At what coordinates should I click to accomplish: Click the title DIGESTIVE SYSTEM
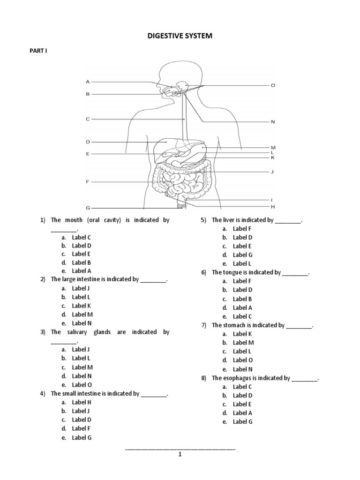pyautogui.click(x=180, y=36)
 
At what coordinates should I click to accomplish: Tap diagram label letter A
pyautogui.click(x=87, y=82)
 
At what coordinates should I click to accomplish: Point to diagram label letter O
pyautogui.click(x=273, y=85)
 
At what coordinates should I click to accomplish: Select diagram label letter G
pyautogui.click(x=87, y=207)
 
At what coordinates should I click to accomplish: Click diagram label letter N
pyautogui.click(x=273, y=122)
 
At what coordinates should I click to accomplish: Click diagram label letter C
pyautogui.click(x=87, y=119)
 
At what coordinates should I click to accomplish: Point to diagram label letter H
pyautogui.click(x=273, y=206)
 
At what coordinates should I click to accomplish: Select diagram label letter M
pyautogui.click(x=273, y=148)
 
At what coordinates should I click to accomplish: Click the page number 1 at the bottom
pyautogui.click(x=180, y=454)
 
